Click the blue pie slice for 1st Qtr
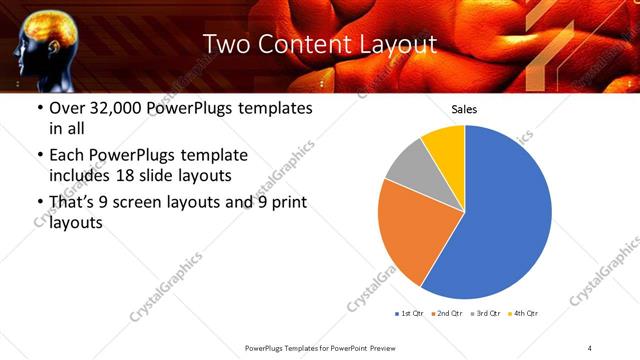click(x=500, y=215)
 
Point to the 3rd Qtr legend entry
click(x=485, y=314)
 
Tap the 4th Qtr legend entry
click(x=523, y=314)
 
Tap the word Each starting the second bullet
click(x=66, y=155)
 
